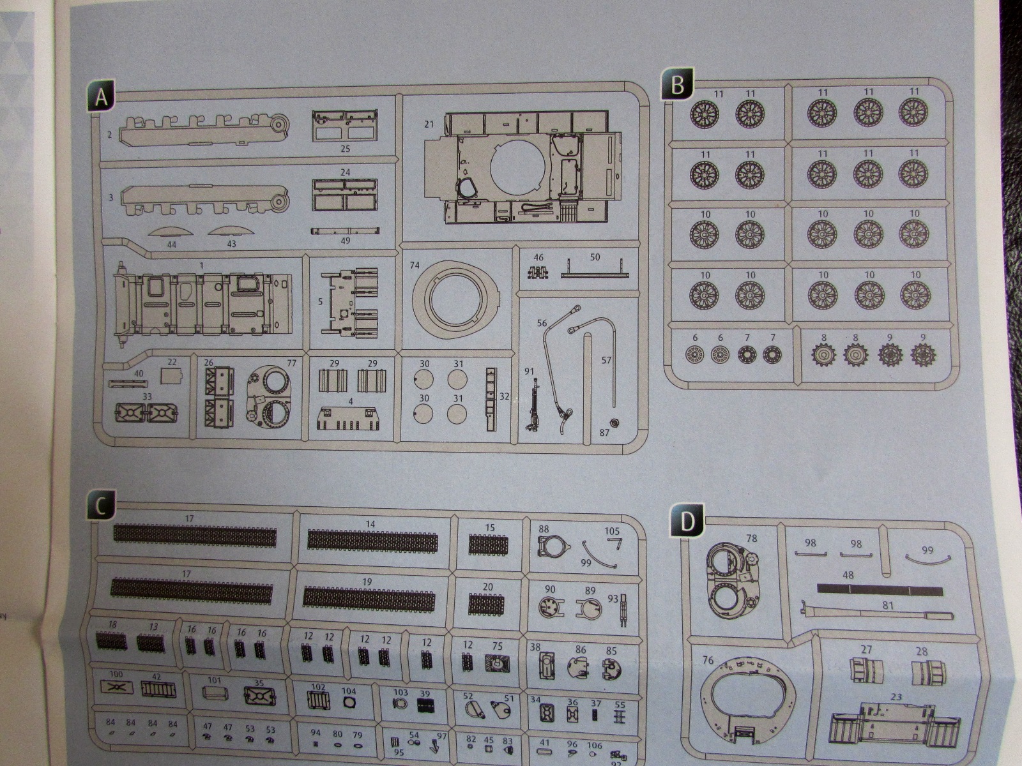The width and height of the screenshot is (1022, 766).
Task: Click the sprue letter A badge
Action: pyautogui.click(x=100, y=98)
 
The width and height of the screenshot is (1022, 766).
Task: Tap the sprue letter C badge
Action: pyautogui.click(x=101, y=506)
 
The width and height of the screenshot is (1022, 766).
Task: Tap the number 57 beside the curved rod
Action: pyautogui.click(x=607, y=361)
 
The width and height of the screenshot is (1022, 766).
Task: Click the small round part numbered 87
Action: pyautogui.click(x=614, y=423)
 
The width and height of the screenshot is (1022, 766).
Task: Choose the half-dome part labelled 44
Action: pyautogui.click(x=171, y=232)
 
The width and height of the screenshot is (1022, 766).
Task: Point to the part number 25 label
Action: pyautogui.click(x=345, y=149)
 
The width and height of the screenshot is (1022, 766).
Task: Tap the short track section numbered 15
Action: pyautogui.click(x=488, y=544)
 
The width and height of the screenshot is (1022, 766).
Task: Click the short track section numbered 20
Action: pyautogui.click(x=488, y=603)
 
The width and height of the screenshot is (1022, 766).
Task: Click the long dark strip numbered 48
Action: pyautogui.click(x=880, y=589)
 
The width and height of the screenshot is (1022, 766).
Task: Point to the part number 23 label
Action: pyautogui.click(x=896, y=697)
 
